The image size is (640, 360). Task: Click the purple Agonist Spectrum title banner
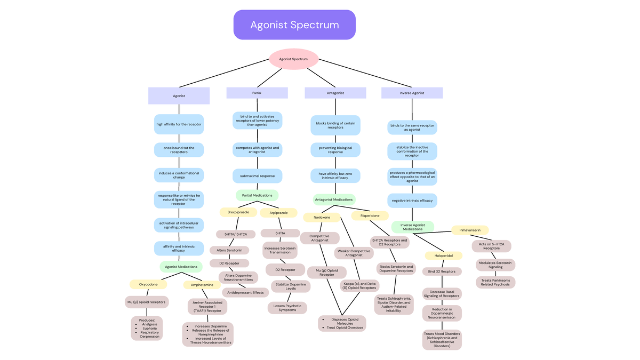294,25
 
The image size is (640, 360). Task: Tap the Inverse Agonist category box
412,93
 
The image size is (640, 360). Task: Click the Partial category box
257,93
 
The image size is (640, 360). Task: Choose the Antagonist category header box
335,93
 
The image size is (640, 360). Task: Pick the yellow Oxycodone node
148,284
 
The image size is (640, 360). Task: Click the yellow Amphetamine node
202,285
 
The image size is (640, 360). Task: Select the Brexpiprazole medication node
238,212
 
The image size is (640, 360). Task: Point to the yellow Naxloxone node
322,218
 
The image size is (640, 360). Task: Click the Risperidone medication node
370,215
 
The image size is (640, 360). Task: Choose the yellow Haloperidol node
443,255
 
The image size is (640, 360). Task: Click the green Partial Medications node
257,195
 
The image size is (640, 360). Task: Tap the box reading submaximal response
257,175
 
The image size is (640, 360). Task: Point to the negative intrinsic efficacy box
412,201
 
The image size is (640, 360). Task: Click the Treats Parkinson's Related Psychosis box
495,282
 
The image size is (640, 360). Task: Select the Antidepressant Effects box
245,292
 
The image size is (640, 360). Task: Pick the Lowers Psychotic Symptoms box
287,308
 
